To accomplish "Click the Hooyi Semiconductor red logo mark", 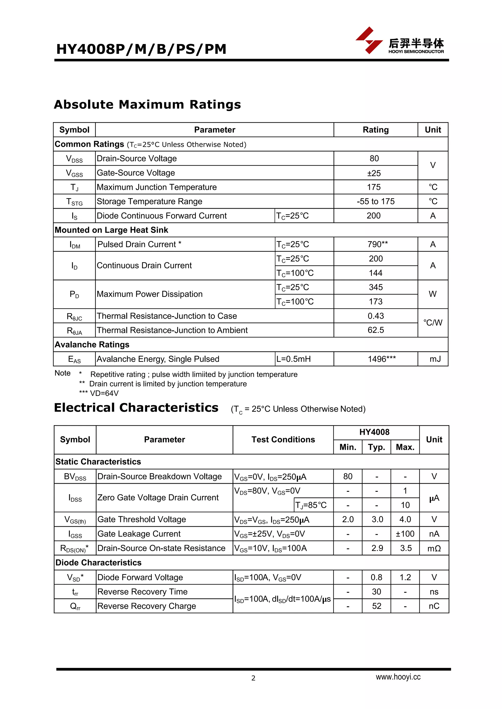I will tap(369, 40).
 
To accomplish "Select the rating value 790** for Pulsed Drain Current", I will tap(377, 244).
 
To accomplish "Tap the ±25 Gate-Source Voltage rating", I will tap(374, 173).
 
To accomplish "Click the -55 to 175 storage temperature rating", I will tap(376, 201).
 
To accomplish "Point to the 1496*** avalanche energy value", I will tap(381, 359).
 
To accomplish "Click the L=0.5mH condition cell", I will tap(294, 359).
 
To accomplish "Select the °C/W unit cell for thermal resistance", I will tap(433, 323).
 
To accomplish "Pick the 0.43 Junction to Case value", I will tap(376, 316).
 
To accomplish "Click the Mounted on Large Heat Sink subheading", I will tap(111, 230).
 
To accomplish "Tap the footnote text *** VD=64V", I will tap(99, 393).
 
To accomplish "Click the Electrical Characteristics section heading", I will tap(136, 408).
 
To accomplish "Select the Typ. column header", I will tap(376, 447).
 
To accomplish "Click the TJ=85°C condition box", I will tap(311, 505).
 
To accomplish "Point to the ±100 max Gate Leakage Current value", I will tap(405, 534).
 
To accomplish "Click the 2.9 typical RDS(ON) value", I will tap(377, 548).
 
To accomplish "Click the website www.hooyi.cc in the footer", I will tap(398, 677).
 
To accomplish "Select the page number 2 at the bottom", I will tap(253, 678).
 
